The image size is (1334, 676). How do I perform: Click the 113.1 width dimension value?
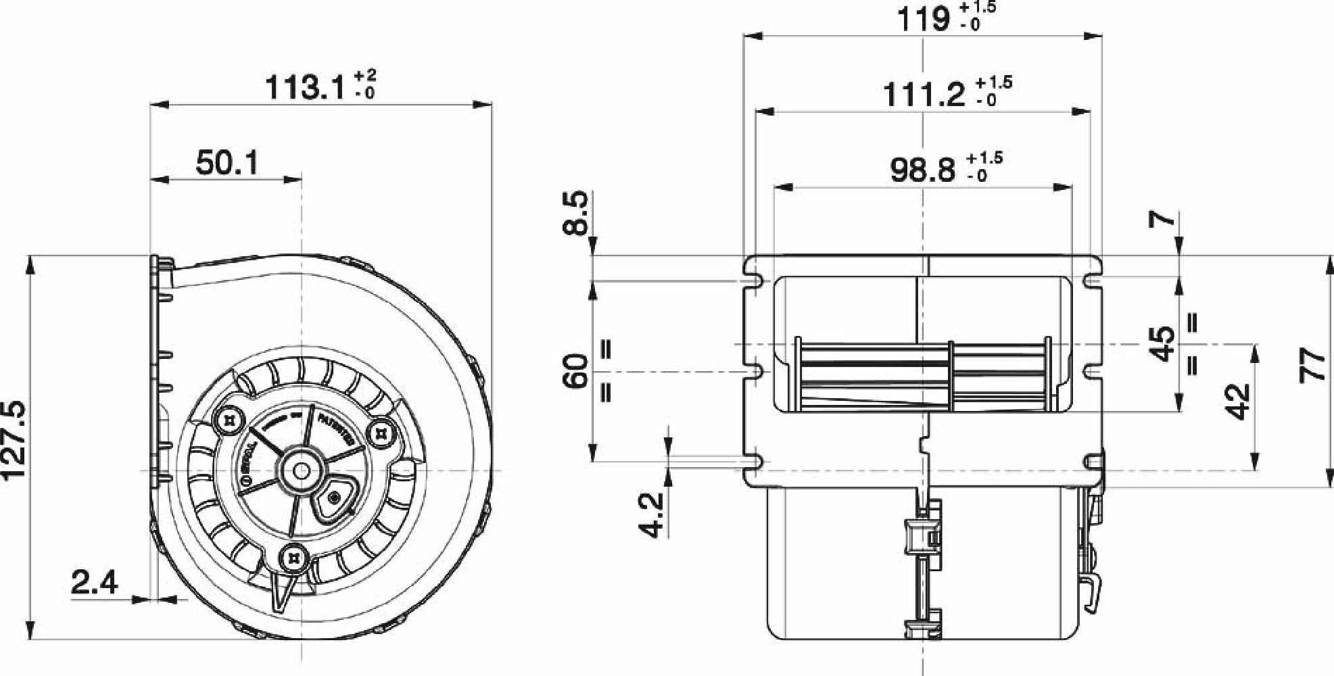tap(306, 87)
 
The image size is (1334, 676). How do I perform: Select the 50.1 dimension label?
tap(227, 163)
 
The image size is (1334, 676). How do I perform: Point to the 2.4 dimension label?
tap(95, 583)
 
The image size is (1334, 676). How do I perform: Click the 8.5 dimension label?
tap(577, 213)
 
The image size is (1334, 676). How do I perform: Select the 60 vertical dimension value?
tap(577, 371)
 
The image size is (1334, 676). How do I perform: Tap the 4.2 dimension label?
tap(652, 515)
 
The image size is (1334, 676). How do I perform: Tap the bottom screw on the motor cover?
tap(295, 558)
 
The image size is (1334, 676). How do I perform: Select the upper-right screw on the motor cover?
tap(381, 432)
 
